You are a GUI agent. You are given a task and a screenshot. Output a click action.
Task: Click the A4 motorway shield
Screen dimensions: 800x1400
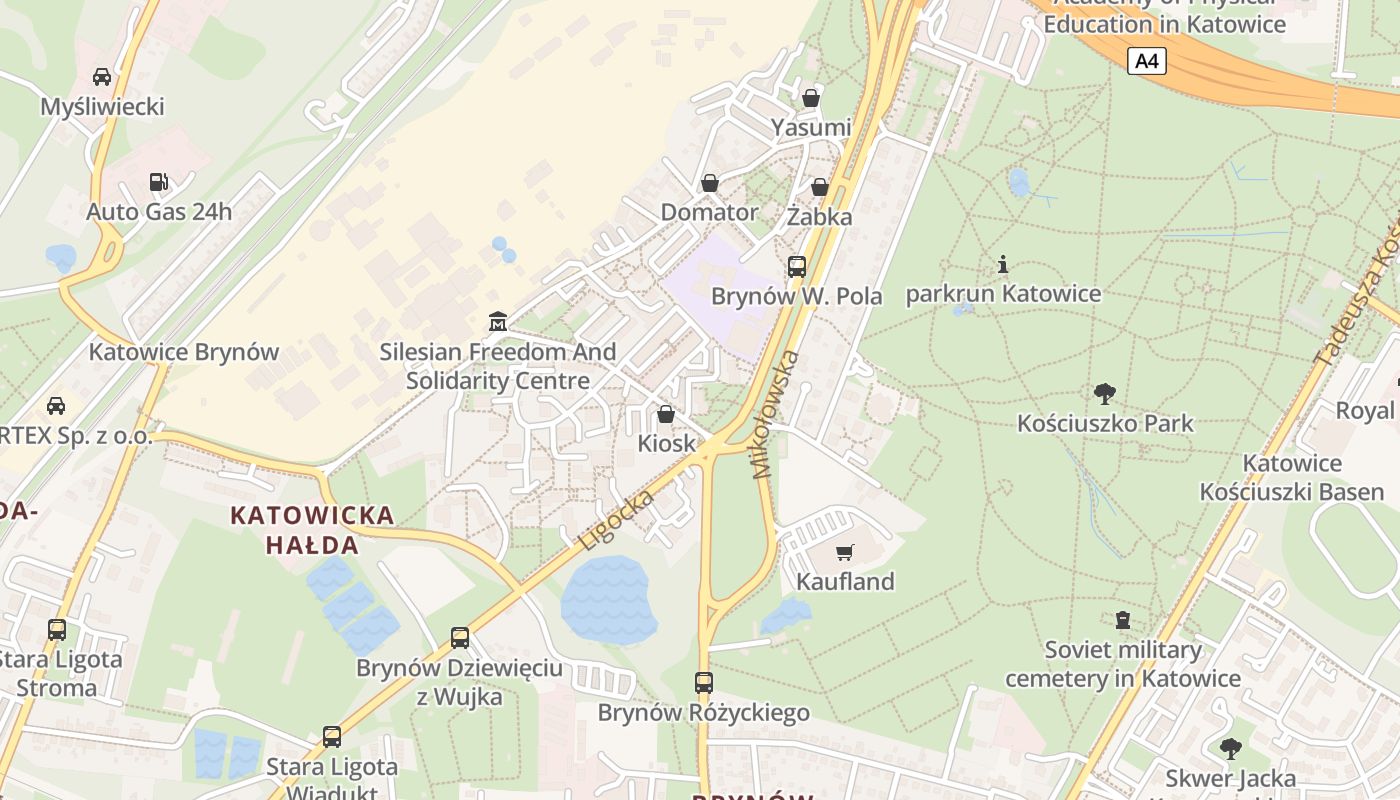tap(1147, 61)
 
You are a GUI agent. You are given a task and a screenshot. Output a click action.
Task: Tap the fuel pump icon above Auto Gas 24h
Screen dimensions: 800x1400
tap(158, 182)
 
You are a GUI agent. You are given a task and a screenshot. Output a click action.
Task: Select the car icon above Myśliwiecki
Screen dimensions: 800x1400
tap(101, 77)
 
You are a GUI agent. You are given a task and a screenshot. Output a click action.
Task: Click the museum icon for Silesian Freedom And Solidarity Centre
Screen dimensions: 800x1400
tap(497, 322)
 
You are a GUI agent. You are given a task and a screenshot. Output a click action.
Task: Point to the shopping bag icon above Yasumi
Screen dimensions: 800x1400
tap(811, 98)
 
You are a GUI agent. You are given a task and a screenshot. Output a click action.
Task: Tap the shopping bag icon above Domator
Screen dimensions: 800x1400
tap(710, 183)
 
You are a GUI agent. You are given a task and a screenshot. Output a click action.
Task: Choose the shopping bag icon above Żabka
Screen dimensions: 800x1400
tap(819, 187)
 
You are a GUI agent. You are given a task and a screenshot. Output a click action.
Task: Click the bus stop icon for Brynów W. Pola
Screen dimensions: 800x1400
tap(796, 267)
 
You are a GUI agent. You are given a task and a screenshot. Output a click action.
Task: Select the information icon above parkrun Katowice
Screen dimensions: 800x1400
tap(1003, 265)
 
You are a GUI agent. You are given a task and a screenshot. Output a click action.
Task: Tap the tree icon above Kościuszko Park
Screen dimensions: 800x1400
tap(1105, 393)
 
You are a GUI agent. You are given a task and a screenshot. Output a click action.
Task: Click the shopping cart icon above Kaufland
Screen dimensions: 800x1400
tap(845, 552)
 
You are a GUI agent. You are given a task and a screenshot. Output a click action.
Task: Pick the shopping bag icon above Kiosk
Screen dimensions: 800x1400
tap(666, 414)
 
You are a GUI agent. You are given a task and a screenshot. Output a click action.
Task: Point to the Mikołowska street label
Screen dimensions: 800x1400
tap(777, 414)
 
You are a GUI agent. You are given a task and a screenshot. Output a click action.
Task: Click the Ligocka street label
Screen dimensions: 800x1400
tap(617, 519)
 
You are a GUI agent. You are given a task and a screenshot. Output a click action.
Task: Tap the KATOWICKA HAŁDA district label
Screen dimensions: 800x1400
tap(312, 530)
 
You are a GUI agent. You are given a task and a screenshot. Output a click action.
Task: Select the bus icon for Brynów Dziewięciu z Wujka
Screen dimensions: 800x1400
tap(460, 638)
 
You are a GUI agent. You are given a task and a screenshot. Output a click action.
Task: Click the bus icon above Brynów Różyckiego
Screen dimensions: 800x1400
tap(704, 683)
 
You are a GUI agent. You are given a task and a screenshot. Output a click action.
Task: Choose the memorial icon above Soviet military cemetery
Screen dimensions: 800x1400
tap(1123, 621)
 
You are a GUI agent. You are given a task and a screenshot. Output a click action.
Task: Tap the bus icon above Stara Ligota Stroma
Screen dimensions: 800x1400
tap(57, 630)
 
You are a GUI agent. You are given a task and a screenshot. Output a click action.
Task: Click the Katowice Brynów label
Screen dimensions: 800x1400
tap(184, 352)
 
